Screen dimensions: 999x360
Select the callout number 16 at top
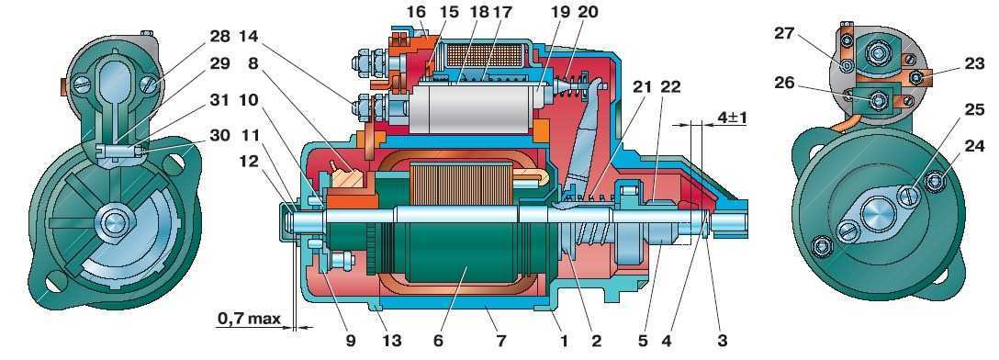(x=416, y=12)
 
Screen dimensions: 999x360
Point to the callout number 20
(x=588, y=12)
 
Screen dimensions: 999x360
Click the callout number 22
(x=669, y=87)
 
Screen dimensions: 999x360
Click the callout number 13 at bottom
(x=392, y=341)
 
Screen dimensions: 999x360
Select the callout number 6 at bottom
(x=438, y=341)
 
